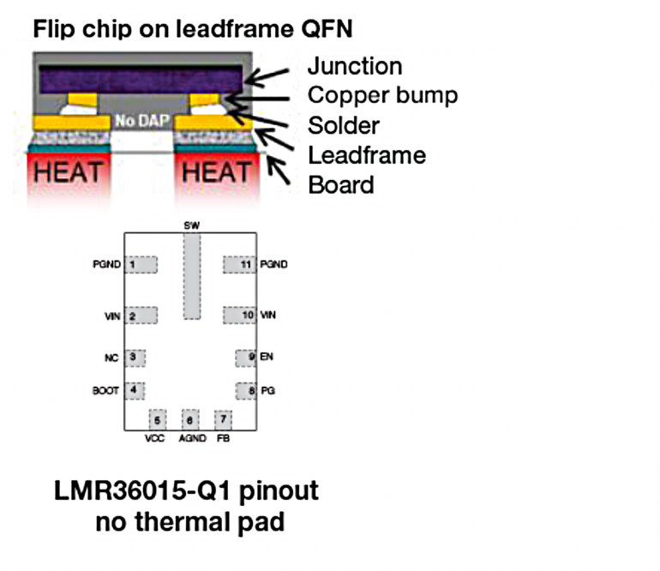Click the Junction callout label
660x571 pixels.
[x=354, y=66]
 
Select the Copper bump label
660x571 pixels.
[x=382, y=95]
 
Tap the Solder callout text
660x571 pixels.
[x=344, y=125]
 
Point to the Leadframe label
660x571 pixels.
[x=367, y=155]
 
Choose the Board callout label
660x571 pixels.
[x=341, y=184]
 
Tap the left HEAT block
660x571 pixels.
[x=68, y=172]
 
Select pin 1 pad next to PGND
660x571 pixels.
[x=141, y=265]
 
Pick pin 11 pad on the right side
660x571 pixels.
[x=240, y=265]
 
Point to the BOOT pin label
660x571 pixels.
[x=104, y=391]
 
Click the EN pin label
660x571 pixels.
[x=267, y=356]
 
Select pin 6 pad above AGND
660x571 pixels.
[x=189, y=420]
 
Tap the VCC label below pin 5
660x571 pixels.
[x=155, y=439]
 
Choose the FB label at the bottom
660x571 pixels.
[x=224, y=439]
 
